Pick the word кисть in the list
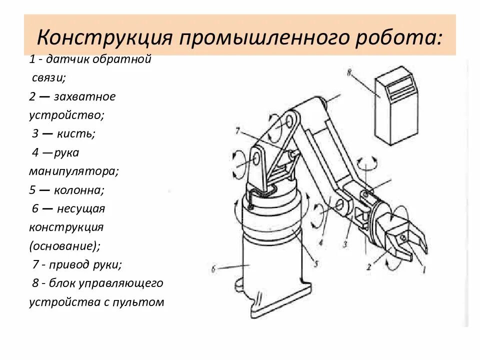coord(78,133)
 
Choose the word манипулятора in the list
coord(73,171)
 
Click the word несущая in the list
coord(80,208)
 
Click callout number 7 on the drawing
coord(238,131)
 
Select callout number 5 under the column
coord(315,263)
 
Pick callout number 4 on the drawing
coord(321,243)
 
